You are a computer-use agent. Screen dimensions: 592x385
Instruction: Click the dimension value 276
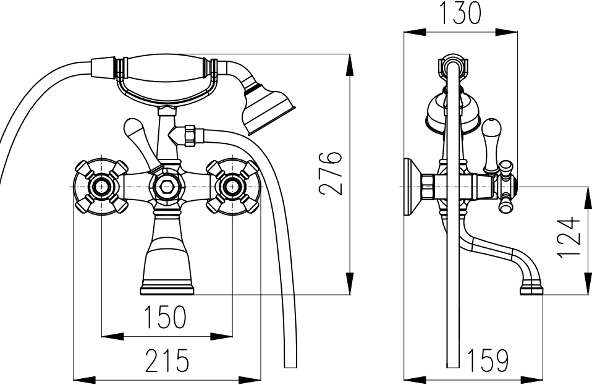pyautogui.click(x=331, y=173)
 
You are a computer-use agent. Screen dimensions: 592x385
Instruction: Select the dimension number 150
pyautogui.click(x=166, y=316)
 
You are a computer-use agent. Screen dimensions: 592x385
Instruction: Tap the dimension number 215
pyautogui.click(x=166, y=360)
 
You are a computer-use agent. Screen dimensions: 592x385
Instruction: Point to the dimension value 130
pyautogui.click(x=460, y=12)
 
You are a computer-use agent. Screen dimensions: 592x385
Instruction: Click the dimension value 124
pyautogui.click(x=569, y=237)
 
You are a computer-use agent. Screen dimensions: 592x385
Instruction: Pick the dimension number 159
pyautogui.click(x=488, y=360)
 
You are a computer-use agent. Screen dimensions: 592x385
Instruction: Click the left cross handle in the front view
pyautogui.click(x=101, y=187)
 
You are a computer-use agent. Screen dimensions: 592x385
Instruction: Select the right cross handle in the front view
pyautogui.click(x=232, y=187)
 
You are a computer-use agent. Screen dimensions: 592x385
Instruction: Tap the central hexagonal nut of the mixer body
pyautogui.click(x=166, y=187)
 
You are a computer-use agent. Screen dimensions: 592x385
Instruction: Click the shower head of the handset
pyautogui.click(x=268, y=109)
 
